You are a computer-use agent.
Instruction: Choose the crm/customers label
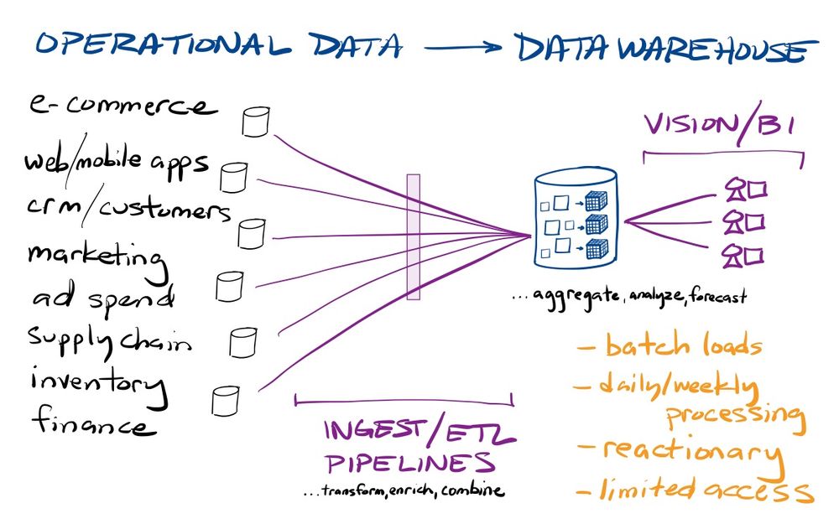tap(126, 207)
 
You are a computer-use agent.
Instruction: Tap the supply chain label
tap(109, 339)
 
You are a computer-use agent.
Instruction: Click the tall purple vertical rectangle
tap(413, 236)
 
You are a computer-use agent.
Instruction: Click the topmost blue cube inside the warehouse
tap(595, 201)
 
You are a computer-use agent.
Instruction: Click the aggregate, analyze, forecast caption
tap(629, 296)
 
